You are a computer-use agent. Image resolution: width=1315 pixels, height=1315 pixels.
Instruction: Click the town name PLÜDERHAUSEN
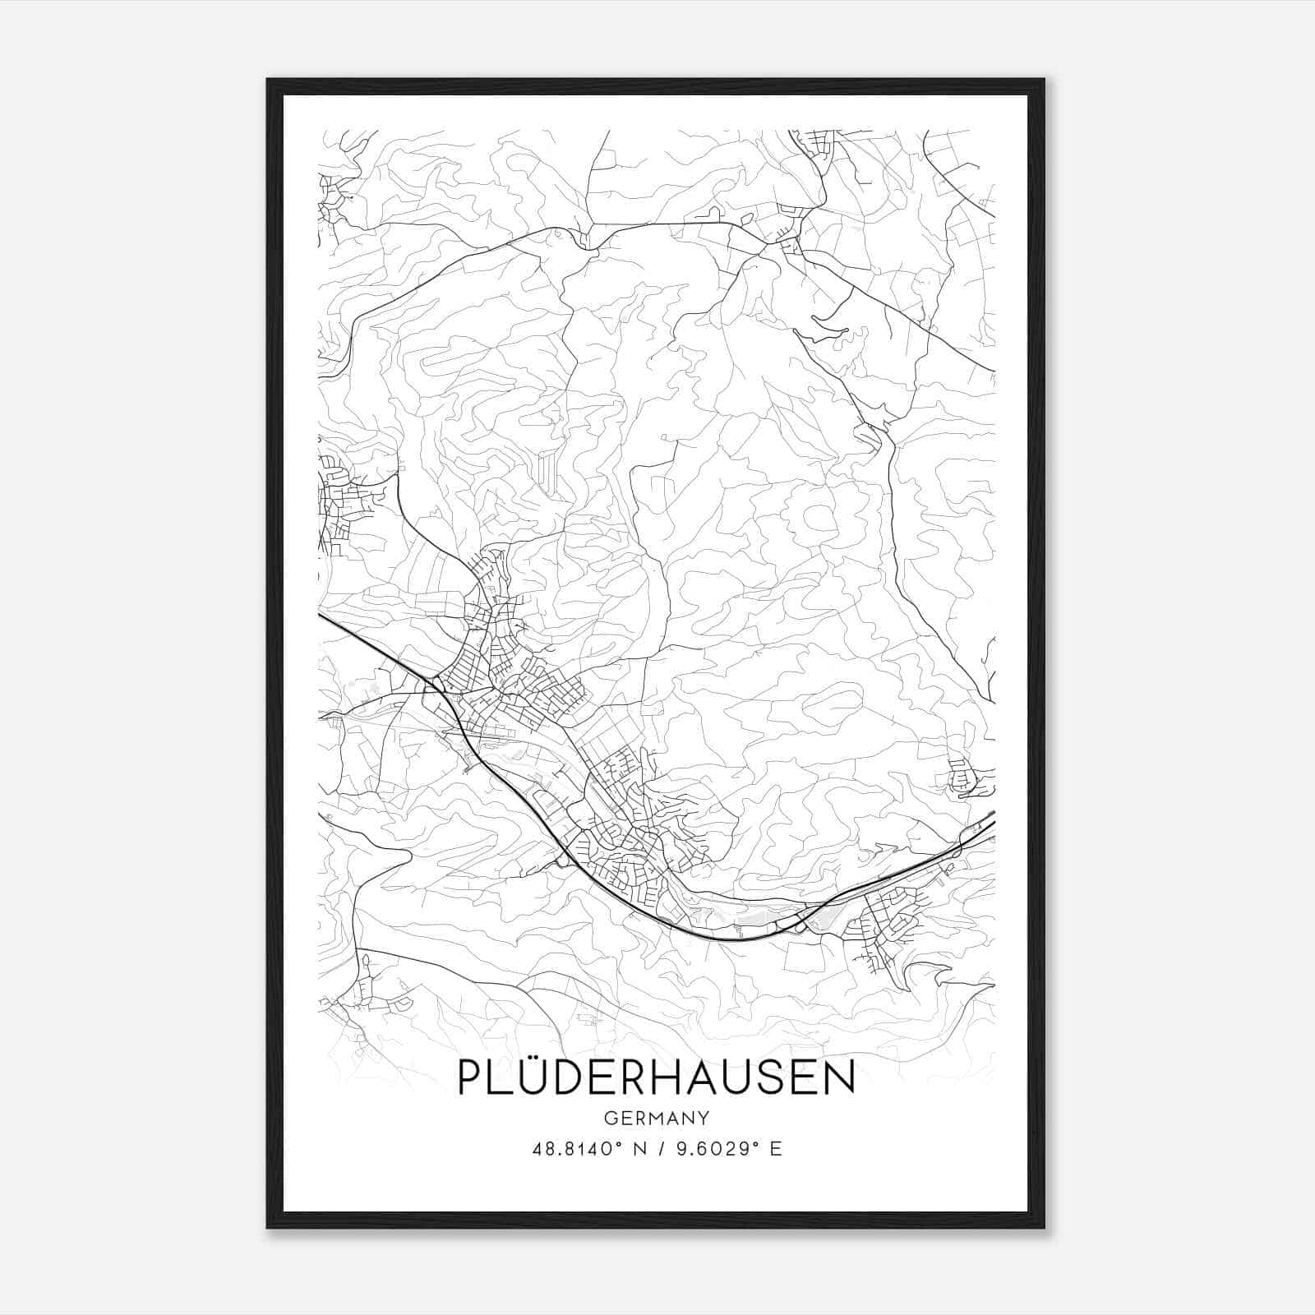656,1077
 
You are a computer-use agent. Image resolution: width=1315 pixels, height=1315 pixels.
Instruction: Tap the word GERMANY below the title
656,1119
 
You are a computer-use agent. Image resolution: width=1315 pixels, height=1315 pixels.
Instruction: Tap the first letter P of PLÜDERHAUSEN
472,1078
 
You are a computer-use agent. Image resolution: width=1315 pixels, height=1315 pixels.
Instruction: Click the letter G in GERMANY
610,1119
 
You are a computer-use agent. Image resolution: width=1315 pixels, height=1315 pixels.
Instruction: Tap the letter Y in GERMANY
704,1119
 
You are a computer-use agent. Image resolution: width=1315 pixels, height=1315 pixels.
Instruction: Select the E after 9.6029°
776,1149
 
